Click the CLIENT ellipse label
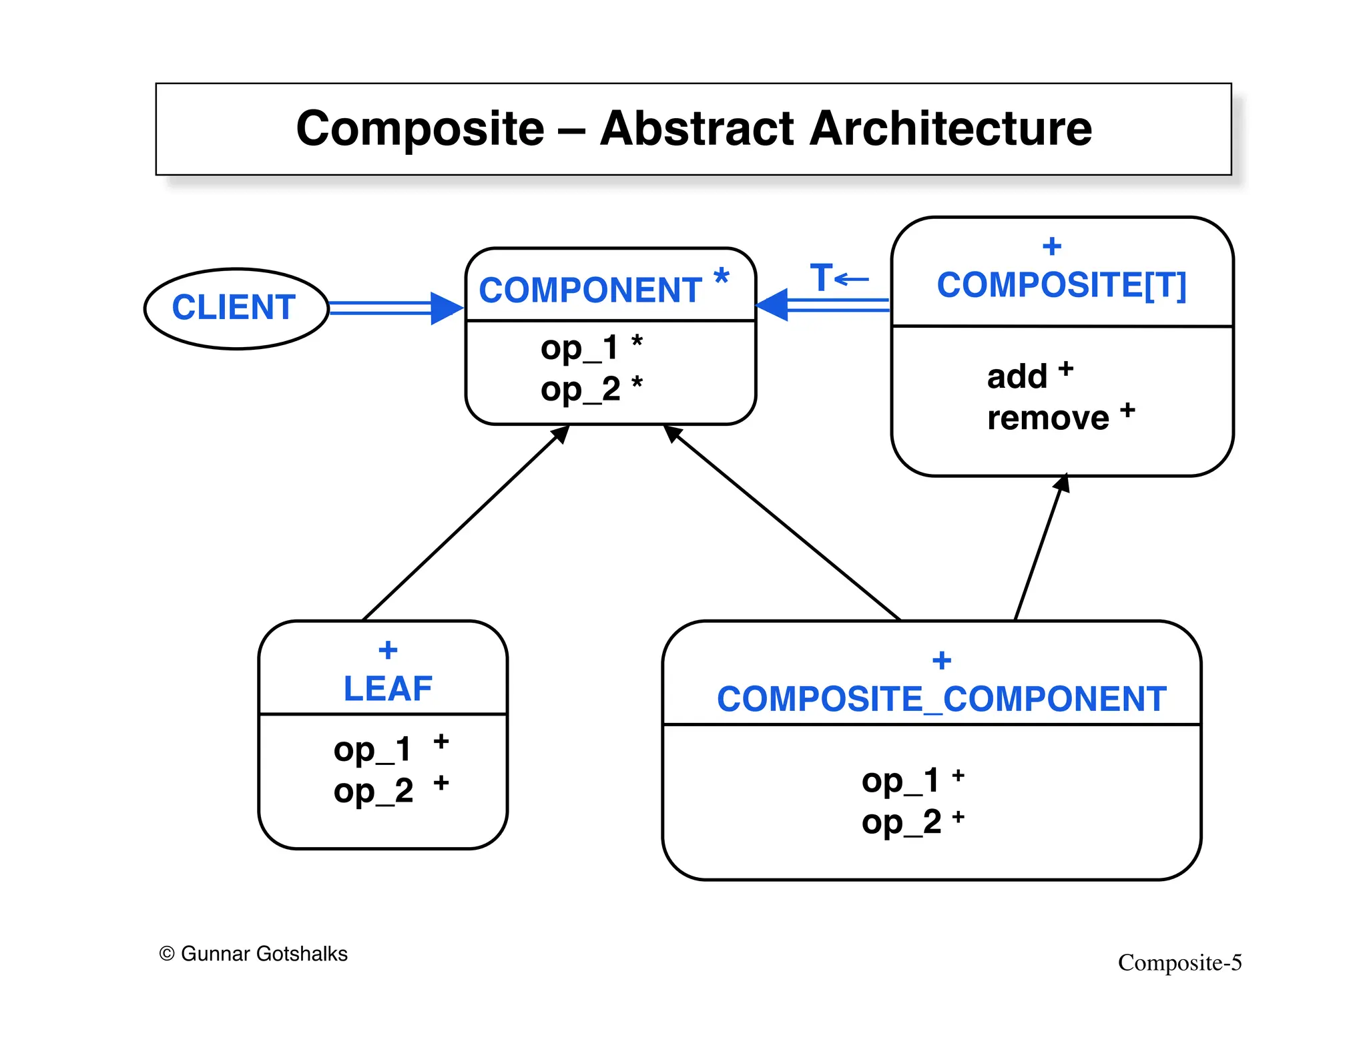(x=234, y=308)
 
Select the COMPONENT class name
(x=589, y=290)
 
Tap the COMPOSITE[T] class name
(x=1061, y=286)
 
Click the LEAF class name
(x=388, y=689)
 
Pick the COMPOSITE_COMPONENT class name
(x=941, y=700)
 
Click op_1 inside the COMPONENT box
(x=579, y=348)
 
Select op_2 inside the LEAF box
(x=373, y=792)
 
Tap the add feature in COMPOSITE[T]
(x=1017, y=376)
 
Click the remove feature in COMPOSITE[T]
(x=1048, y=419)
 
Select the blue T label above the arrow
(x=822, y=277)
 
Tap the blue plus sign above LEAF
(x=388, y=649)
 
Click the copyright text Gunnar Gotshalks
(x=254, y=954)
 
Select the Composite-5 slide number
(x=1179, y=963)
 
